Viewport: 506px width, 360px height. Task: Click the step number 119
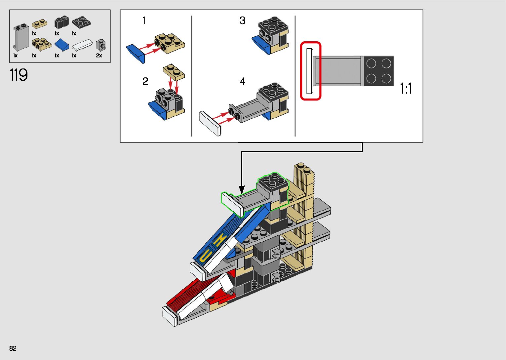[19, 75]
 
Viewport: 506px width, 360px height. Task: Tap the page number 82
[13, 348]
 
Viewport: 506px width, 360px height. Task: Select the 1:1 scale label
[406, 89]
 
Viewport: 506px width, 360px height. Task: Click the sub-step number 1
[144, 20]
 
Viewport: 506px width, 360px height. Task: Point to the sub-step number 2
[145, 81]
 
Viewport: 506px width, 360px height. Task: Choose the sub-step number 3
[242, 20]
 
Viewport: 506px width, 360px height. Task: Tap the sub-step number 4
[242, 81]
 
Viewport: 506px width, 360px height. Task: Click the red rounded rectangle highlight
[311, 71]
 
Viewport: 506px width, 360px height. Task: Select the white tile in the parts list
[82, 45]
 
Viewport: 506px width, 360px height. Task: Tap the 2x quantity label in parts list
[99, 56]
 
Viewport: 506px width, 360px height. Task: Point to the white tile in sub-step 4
[210, 123]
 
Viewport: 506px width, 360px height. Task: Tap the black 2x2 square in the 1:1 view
[379, 71]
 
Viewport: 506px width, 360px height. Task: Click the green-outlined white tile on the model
[232, 203]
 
